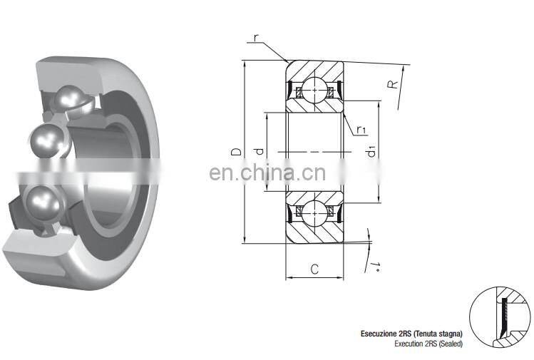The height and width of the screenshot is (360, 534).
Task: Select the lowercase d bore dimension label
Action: [x=260, y=152]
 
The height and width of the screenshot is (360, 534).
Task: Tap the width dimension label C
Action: [x=314, y=269]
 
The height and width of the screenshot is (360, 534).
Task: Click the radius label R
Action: [x=391, y=85]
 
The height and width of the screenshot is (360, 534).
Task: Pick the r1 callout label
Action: [x=361, y=129]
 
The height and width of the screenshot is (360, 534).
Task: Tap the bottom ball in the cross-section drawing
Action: [x=314, y=211]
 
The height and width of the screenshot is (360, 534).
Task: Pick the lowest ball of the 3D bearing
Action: [x=43, y=203]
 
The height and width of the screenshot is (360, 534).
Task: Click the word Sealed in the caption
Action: [x=449, y=344]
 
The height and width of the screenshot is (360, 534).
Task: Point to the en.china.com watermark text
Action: [x=267, y=173]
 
